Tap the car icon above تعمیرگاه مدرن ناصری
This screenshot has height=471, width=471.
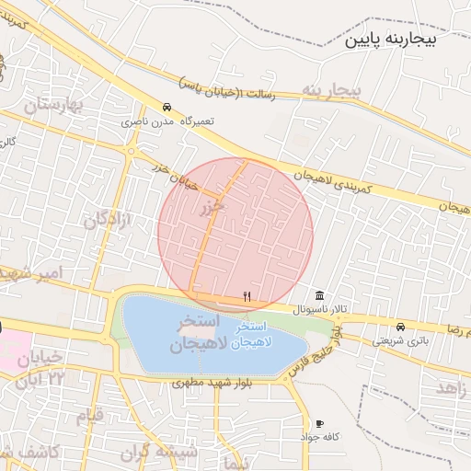pos(167,107)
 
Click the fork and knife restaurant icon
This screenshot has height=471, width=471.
pos(247,296)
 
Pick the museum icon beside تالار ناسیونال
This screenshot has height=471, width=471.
pos(318,295)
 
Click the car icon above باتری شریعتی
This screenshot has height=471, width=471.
pos(400,327)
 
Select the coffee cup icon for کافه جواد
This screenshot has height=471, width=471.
pos(319,423)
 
